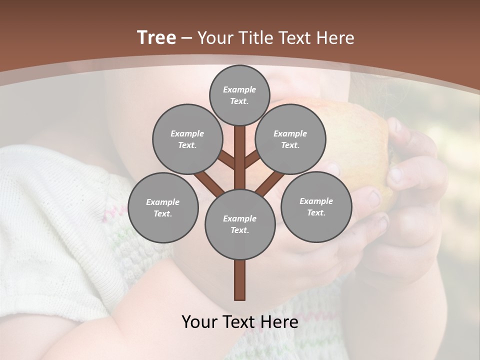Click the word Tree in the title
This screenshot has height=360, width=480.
point(156,38)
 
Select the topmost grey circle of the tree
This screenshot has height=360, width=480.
point(239,95)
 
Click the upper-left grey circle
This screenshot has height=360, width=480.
point(187,139)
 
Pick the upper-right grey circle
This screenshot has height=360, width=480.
point(290,139)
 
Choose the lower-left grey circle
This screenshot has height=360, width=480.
point(162,207)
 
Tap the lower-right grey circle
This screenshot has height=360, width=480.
point(316,206)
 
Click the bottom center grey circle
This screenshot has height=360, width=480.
point(239,224)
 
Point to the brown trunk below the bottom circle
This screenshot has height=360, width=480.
point(239,280)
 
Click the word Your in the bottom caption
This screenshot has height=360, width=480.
point(198,322)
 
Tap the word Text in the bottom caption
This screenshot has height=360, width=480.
point(239,322)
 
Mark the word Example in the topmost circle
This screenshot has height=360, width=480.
point(239,89)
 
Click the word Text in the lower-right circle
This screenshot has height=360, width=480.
point(316,212)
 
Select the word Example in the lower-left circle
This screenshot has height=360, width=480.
point(162,202)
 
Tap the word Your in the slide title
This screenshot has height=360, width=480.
point(214,38)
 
